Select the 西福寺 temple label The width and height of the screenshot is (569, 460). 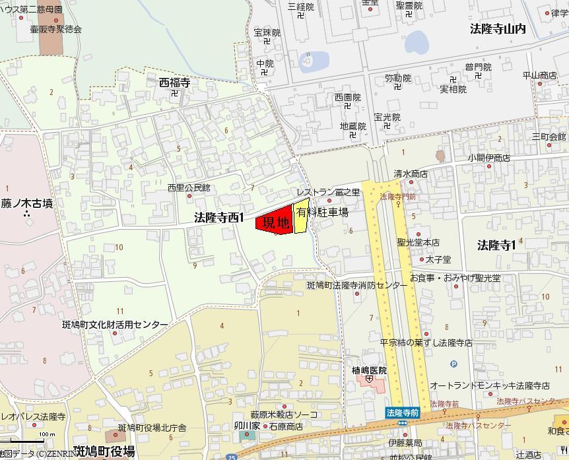[x=174, y=83]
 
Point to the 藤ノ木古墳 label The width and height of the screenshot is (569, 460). [x=26, y=204]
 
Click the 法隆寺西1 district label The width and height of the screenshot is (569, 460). [x=219, y=217]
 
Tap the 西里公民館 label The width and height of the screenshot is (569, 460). [x=188, y=188]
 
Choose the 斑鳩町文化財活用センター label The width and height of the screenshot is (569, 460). [x=115, y=325]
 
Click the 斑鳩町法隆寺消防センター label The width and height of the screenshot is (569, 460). [x=357, y=286]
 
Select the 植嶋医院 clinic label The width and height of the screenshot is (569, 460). [x=369, y=371]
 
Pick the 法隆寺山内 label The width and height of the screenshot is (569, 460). [x=498, y=29]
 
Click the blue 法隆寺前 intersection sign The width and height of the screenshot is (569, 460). [x=403, y=412]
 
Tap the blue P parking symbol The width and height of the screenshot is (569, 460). [x=453, y=364]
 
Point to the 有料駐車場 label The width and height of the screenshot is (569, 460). [x=322, y=213]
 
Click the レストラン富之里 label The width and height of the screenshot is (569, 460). [x=328, y=192]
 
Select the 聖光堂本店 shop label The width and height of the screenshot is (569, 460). [x=418, y=243]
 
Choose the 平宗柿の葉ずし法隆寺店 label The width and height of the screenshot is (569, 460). [x=426, y=343]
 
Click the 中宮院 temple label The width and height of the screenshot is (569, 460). [x=265, y=63]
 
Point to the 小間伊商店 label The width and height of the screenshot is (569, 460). [x=489, y=158]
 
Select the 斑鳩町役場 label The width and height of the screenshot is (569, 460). [x=105, y=451]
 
